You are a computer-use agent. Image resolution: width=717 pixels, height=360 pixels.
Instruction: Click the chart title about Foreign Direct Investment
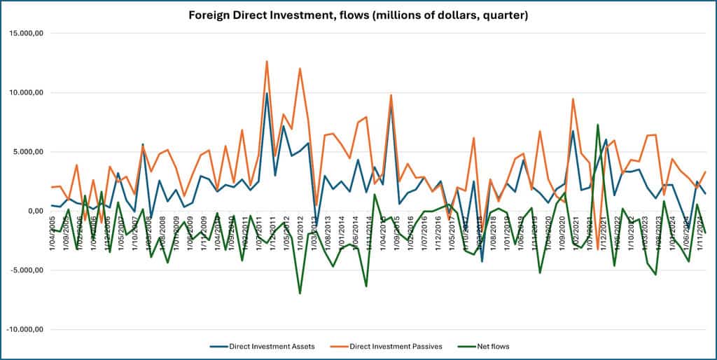coord(358,15)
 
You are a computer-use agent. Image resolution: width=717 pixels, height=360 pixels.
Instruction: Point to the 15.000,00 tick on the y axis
coord(25,33)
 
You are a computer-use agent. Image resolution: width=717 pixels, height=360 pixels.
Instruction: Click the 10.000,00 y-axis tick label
coord(25,92)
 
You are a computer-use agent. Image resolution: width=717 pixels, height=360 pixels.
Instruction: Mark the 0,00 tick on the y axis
coord(34,211)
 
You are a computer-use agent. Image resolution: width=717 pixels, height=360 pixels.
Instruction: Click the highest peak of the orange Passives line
coord(267,62)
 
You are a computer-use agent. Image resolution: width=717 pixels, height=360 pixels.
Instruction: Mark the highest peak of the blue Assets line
coord(267,93)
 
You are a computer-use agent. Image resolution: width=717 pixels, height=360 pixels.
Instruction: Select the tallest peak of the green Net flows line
coord(597,125)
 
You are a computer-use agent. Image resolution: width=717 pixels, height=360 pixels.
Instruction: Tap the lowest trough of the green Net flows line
coord(300,293)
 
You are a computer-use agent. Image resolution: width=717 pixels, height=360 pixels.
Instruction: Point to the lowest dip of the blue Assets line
coord(482,261)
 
